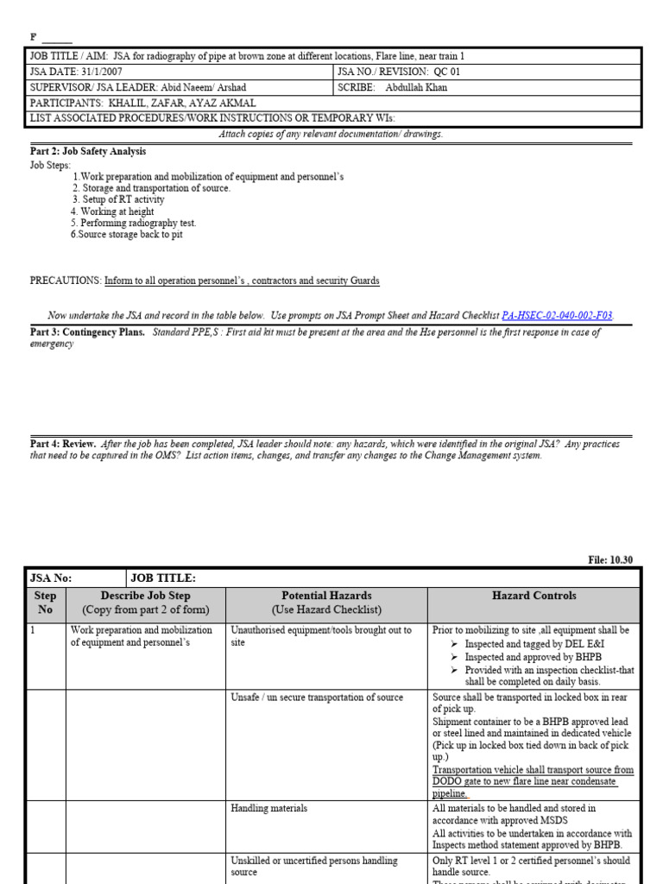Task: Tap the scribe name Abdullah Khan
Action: pos(416,87)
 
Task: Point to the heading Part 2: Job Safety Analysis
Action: pos(87,151)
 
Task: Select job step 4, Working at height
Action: pos(112,212)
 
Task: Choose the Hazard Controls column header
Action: pos(534,596)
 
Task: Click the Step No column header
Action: pos(45,603)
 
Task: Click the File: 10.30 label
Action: pos(610,559)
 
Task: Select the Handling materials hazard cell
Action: pos(268,809)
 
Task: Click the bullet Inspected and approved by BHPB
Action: pos(535,656)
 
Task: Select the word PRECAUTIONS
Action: pos(65,281)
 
